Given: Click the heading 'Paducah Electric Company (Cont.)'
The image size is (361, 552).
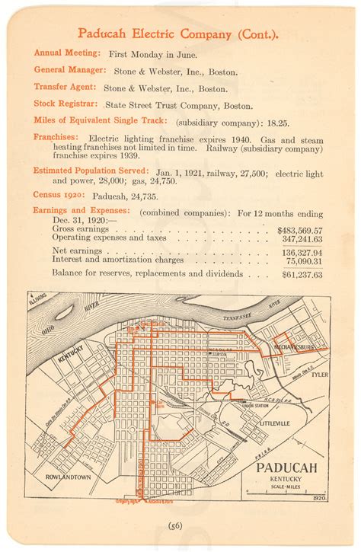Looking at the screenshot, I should click(x=177, y=34).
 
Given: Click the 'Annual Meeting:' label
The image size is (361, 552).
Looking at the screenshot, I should click(x=67, y=53).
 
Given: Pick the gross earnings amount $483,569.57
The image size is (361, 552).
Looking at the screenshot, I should click(x=299, y=230).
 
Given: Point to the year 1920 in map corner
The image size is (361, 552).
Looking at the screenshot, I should click(x=319, y=497).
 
